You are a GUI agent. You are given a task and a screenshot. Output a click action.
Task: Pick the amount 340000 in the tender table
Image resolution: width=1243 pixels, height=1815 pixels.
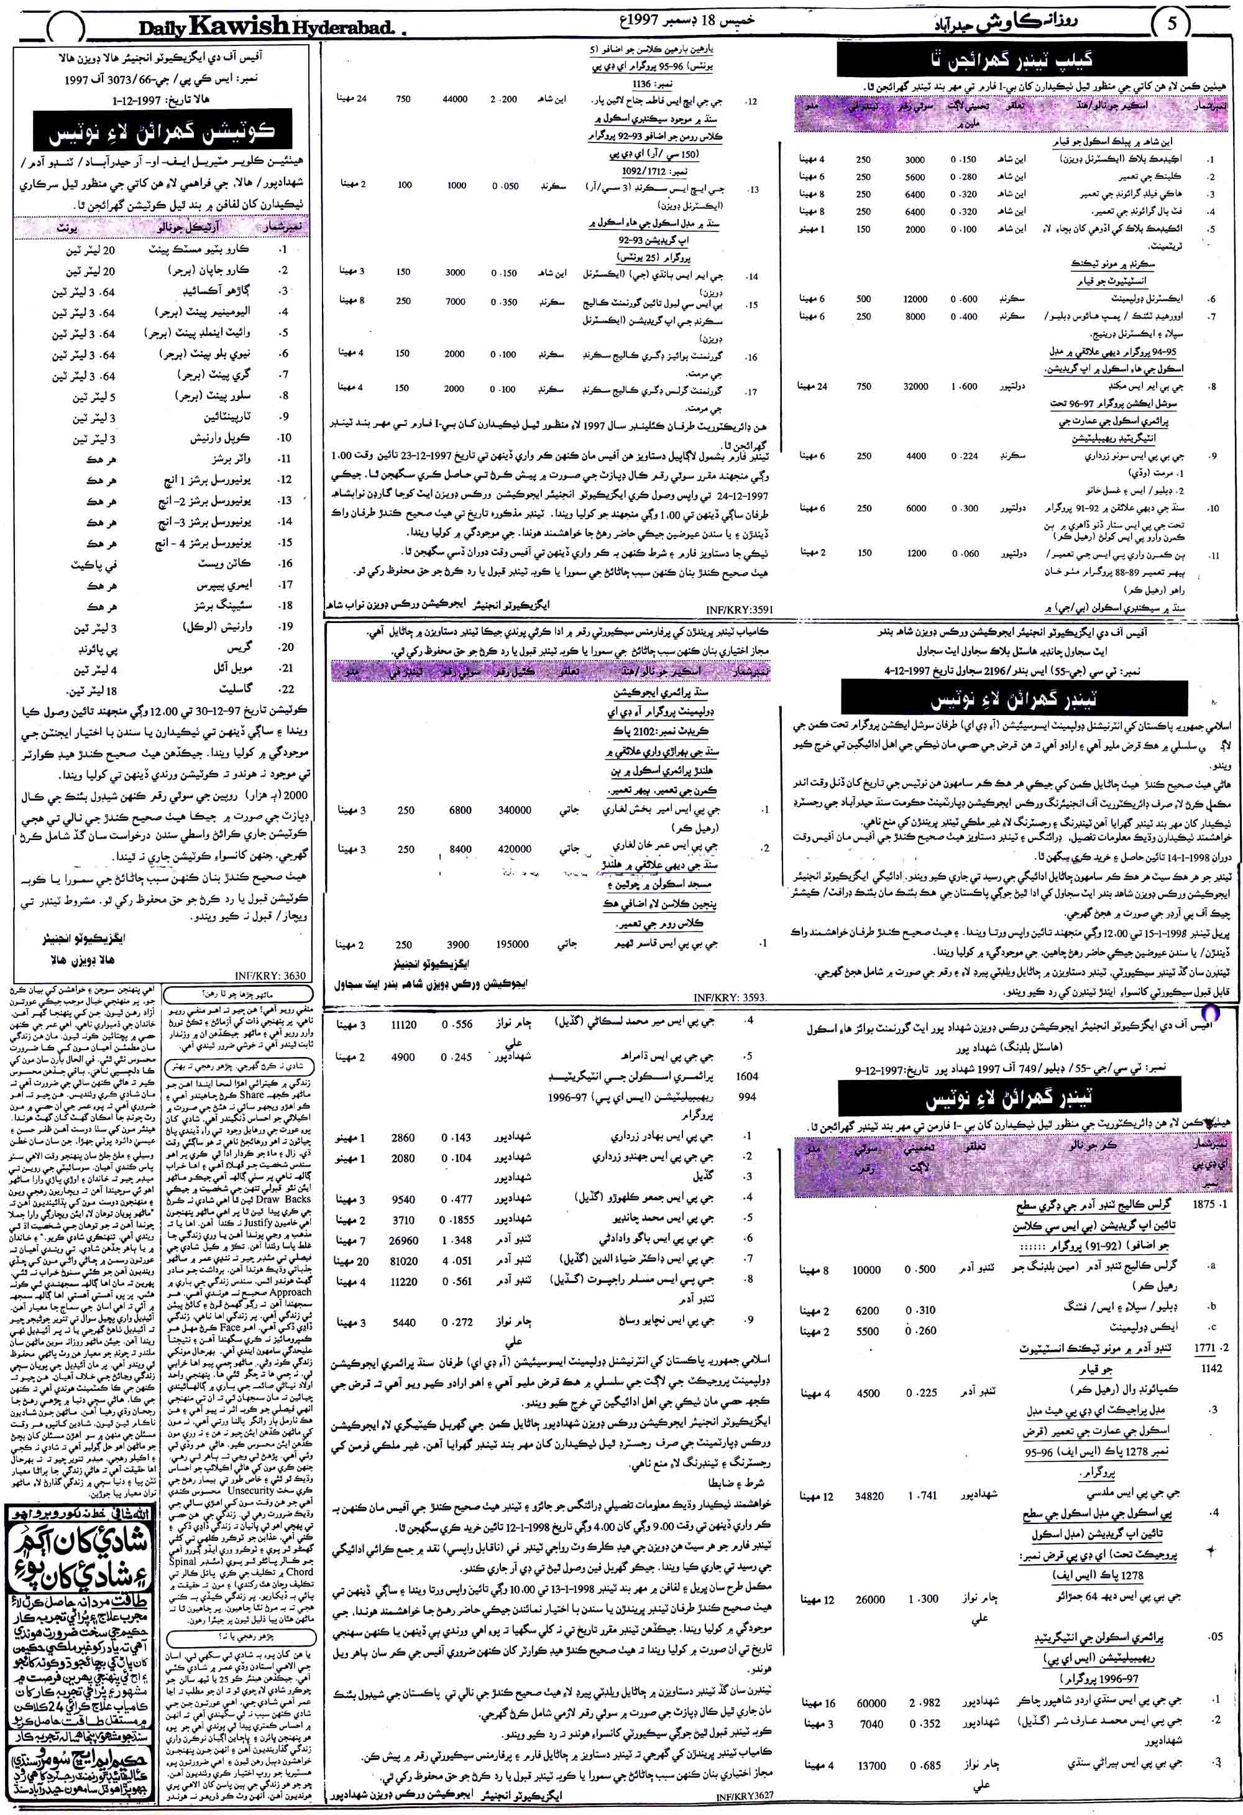point(514,811)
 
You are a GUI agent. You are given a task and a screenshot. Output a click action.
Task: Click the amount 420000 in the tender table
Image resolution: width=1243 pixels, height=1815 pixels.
point(514,849)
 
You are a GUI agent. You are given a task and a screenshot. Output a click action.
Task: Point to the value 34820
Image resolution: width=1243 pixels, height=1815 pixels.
point(869,1495)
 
